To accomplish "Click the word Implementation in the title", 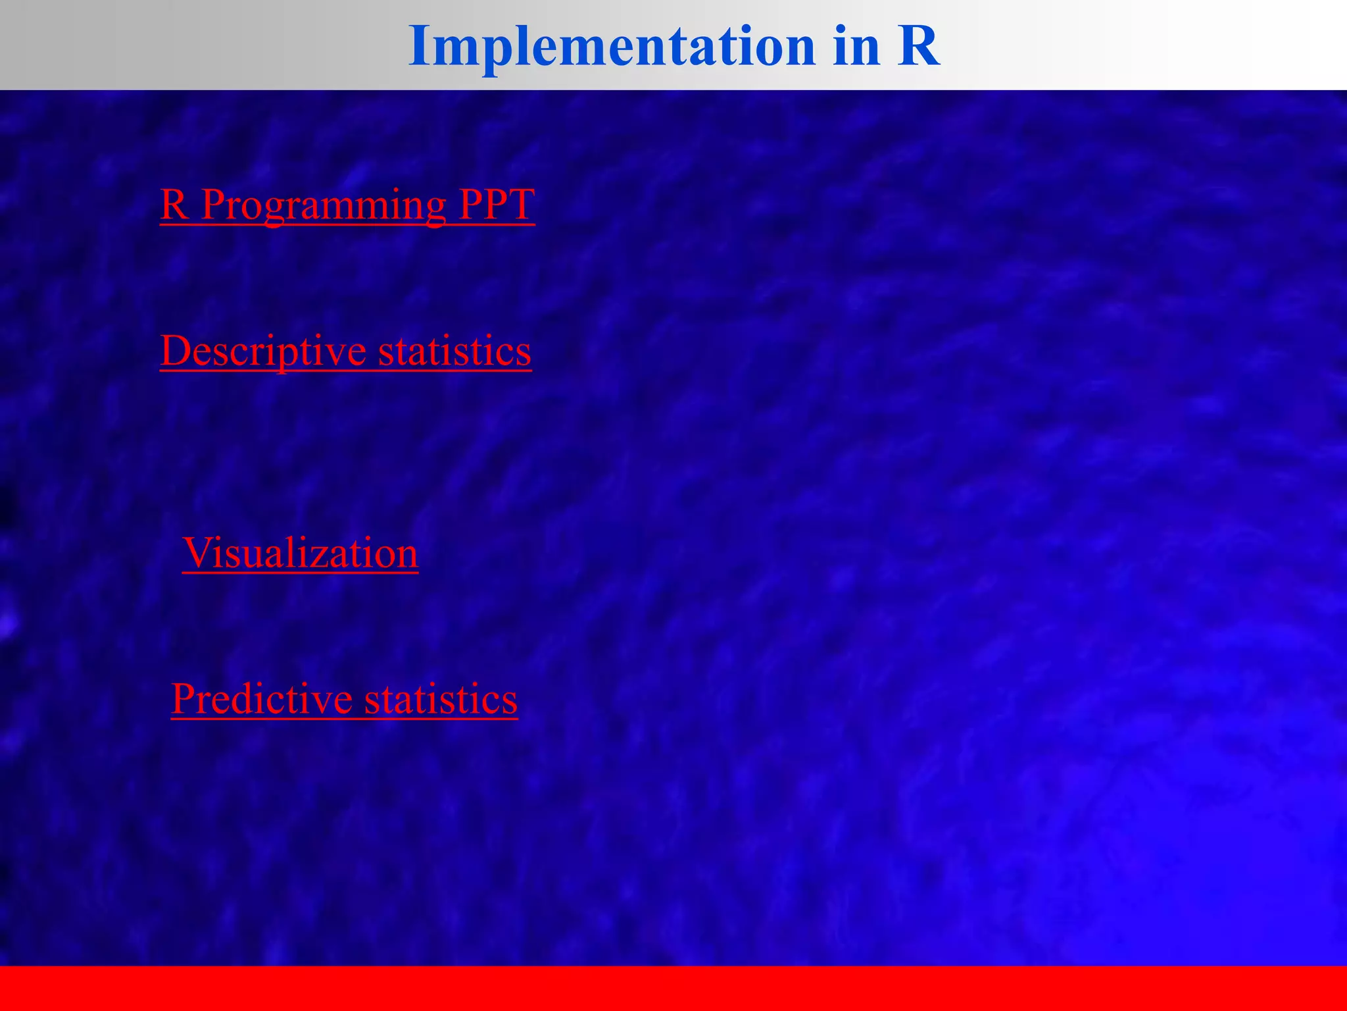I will point(612,46).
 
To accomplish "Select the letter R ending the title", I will point(918,46).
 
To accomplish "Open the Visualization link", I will point(300,553).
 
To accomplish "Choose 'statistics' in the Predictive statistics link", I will point(441,699).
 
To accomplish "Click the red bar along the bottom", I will point(673,987).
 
